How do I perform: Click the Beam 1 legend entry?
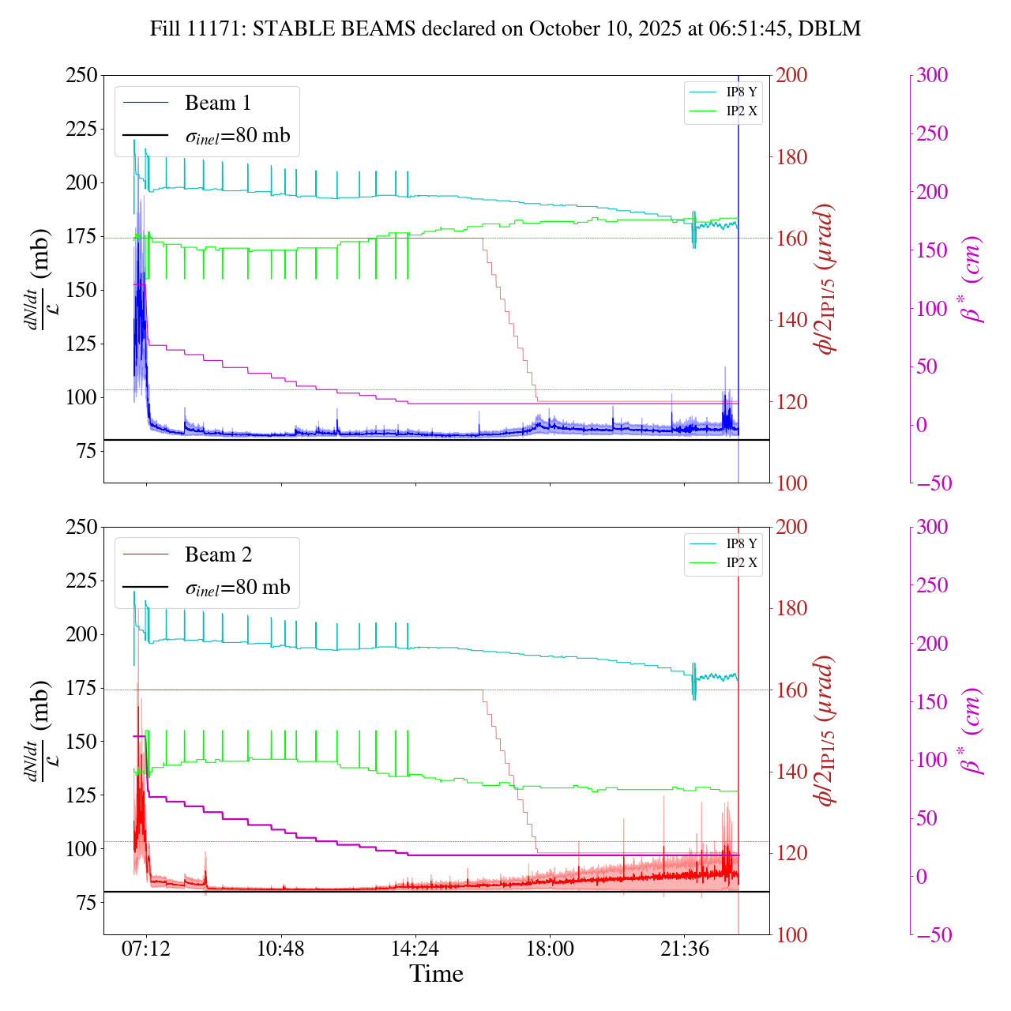pos(217,103)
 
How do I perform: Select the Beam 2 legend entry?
pos(218,554)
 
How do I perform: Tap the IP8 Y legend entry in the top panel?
pos(741,92)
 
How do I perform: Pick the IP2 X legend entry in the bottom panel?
pos(741,563)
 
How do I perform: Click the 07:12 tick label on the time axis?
pos(146,949)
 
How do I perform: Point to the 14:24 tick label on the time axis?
pos(415,949)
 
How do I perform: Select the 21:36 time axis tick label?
pos(685,949)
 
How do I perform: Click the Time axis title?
pos(436,975)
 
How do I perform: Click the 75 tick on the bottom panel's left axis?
pos(87,903)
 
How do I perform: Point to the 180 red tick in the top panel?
pos(792,157)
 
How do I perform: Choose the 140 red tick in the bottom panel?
pos(792,772)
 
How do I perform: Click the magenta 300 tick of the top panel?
pos(932,76)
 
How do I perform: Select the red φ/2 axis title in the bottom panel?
pos(825,731)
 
